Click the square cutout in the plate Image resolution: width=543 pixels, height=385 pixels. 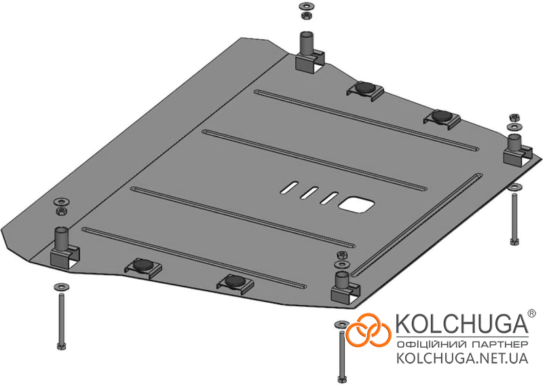click(x=357, y=204)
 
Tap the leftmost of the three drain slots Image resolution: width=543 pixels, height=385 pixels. click(x=289, y=187)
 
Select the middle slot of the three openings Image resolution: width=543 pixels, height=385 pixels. click(x=310, y=192)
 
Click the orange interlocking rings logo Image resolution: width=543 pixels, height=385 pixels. click(x=369, y=331)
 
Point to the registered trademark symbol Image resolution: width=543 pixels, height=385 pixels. click(x=531, y=313)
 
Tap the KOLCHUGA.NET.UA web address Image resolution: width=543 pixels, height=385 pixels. click(x=462, y=358)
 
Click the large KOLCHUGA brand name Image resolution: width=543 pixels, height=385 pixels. click(x=462, y=323)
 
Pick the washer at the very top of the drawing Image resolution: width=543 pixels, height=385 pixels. click(x=305, y=6)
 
